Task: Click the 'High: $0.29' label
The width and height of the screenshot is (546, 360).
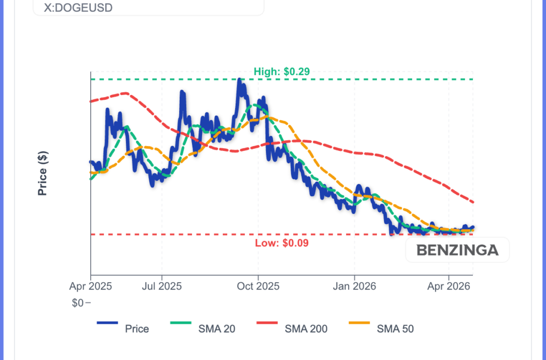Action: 282,71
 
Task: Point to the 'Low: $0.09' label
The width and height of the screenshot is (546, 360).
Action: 282,243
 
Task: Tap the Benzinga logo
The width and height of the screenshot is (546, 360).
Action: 457,250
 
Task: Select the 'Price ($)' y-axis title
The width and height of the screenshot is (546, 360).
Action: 43,173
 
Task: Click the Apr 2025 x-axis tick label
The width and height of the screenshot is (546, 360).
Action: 91,286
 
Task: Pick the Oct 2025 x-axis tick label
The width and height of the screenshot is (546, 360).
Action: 258,286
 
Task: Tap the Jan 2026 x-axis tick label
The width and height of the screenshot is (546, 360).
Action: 354,286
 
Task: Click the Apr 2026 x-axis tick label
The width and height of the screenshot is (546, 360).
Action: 448,286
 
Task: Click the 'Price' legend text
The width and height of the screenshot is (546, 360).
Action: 137,329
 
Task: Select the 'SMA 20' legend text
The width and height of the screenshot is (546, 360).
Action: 216,329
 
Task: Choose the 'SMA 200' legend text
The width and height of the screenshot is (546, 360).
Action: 306,329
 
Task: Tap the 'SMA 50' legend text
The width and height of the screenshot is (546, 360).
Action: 395,329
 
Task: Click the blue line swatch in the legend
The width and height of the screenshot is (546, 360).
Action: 108,323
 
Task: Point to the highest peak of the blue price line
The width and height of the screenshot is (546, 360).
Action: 239,80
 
